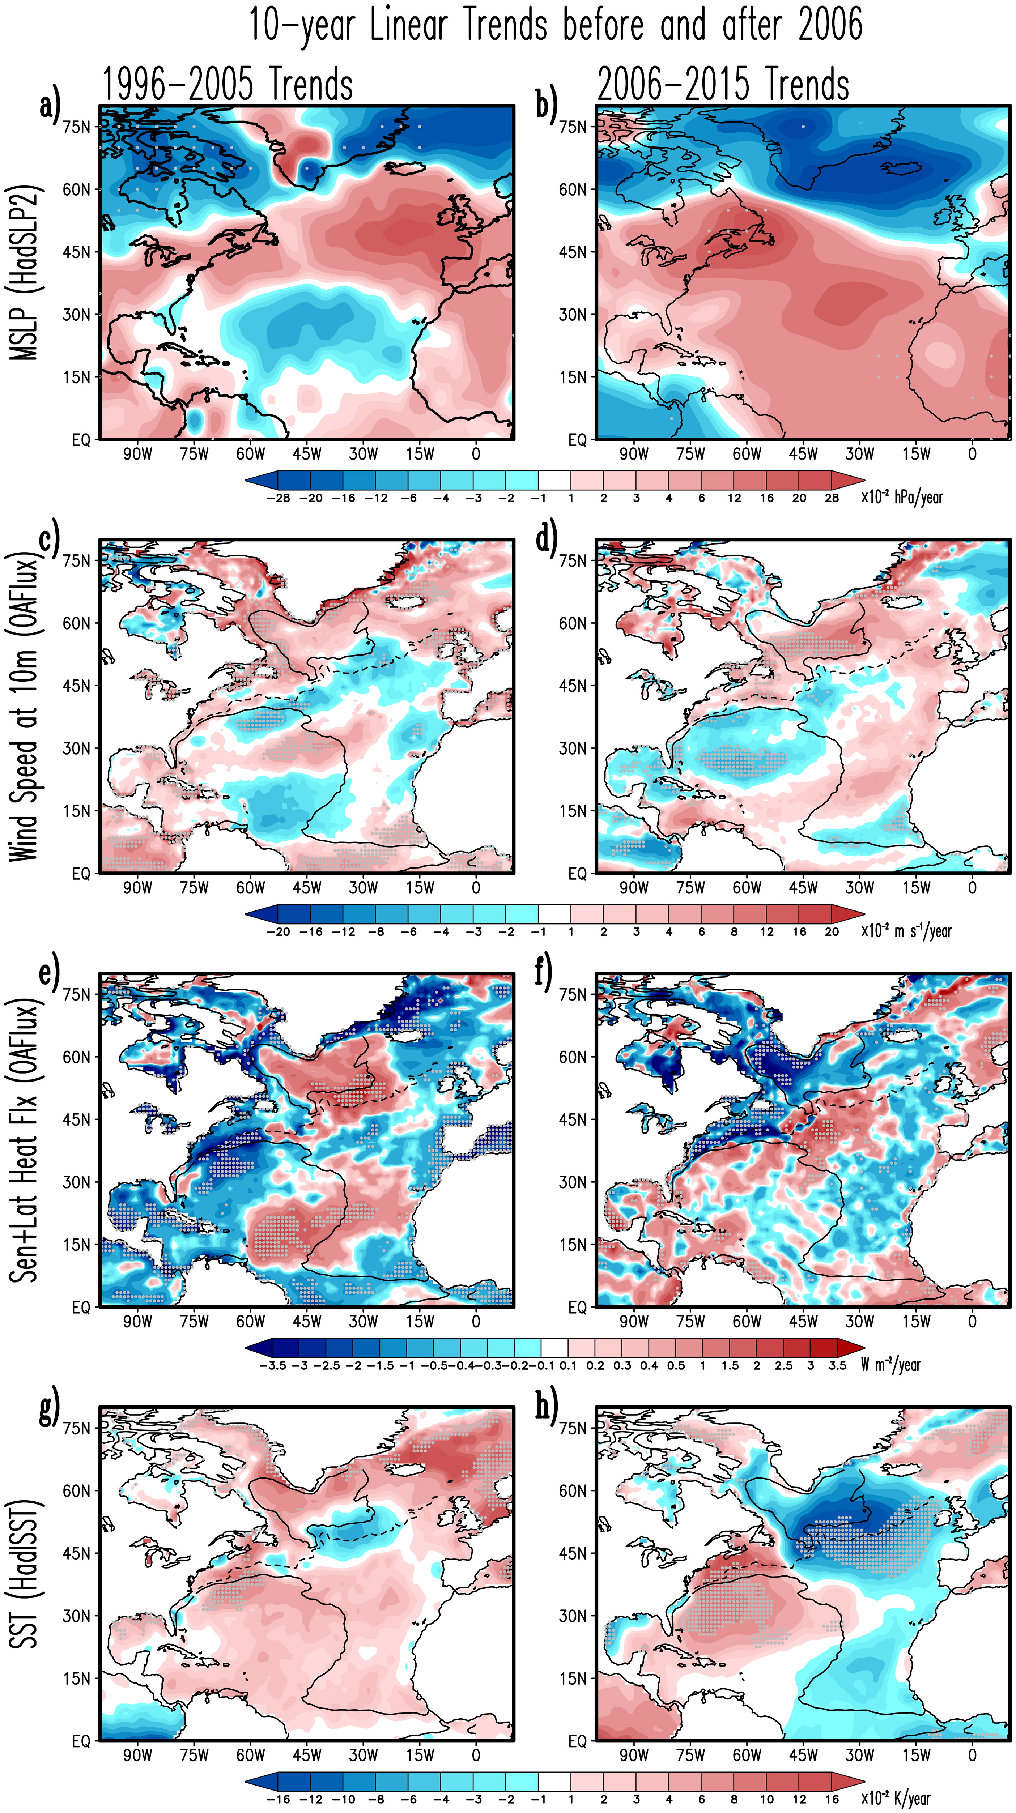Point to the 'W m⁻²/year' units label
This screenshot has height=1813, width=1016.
coord(890,1364)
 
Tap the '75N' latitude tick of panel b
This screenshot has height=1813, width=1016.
coord(573,127)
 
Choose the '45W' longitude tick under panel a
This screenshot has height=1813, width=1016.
coord(307,454)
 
